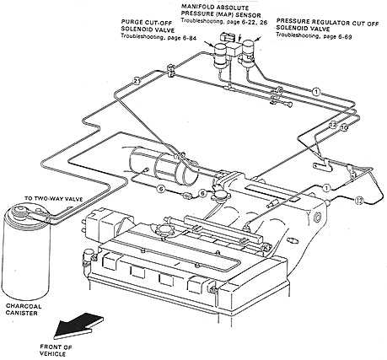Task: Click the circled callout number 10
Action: click(334, 125)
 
